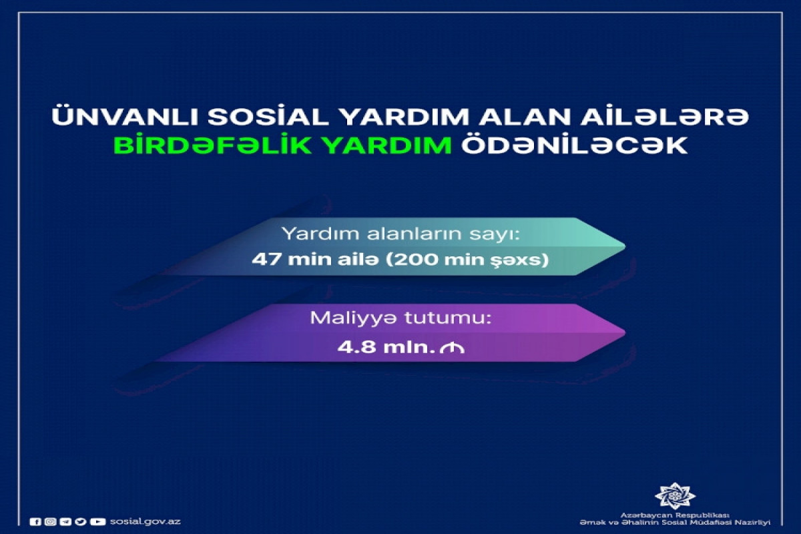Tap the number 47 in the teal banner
[266, 260]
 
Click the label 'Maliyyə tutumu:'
[401, 319]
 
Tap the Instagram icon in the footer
[49, 521]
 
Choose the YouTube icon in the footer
[98, 521]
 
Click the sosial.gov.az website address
[146, 521]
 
